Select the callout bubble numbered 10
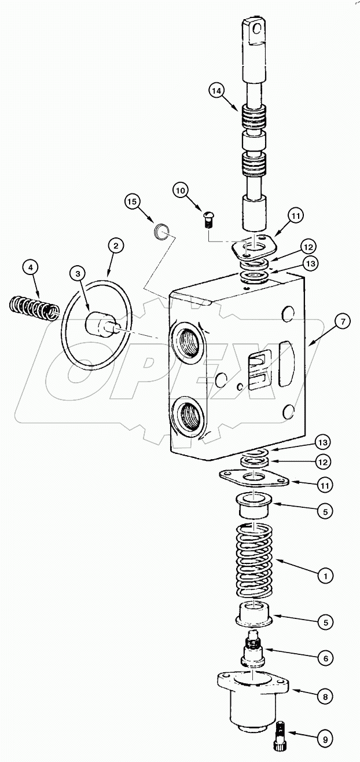[x=180, y=190]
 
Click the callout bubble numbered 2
[x=116, y=246]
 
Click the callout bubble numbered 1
[x=325, y=576]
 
